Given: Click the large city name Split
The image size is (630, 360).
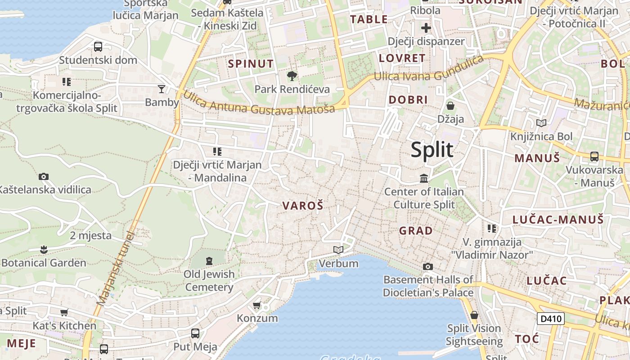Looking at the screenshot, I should point(432,149).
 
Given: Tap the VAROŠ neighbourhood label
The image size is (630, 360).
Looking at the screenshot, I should point(303,206).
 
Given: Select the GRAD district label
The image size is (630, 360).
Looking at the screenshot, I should point(416,231).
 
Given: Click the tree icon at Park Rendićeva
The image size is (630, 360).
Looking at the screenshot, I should point(292,76).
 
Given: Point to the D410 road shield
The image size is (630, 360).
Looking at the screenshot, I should point(551,319).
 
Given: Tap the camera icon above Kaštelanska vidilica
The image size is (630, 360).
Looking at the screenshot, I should point(44,176).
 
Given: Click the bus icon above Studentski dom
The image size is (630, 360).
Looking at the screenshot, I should point(98,46).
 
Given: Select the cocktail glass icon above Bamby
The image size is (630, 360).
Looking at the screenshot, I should point(162,89).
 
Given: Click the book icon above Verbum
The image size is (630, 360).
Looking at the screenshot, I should point(338,250).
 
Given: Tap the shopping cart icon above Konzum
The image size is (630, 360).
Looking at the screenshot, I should point(257,306).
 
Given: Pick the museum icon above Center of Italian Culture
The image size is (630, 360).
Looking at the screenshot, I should point(424,179).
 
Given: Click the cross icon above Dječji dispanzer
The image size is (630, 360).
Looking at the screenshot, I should point(426,28).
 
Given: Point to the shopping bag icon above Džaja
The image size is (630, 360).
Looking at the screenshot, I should point(450,106).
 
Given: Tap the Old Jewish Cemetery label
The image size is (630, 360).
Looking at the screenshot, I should point(209,280).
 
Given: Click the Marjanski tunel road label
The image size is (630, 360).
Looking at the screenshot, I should point(115,270).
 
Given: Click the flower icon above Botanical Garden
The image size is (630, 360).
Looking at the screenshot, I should point(44,249).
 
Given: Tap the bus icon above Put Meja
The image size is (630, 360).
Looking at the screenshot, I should point(195,333).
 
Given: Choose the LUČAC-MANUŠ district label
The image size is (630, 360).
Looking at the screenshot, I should point(558,220).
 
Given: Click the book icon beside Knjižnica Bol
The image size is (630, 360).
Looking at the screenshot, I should point(541,123).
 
